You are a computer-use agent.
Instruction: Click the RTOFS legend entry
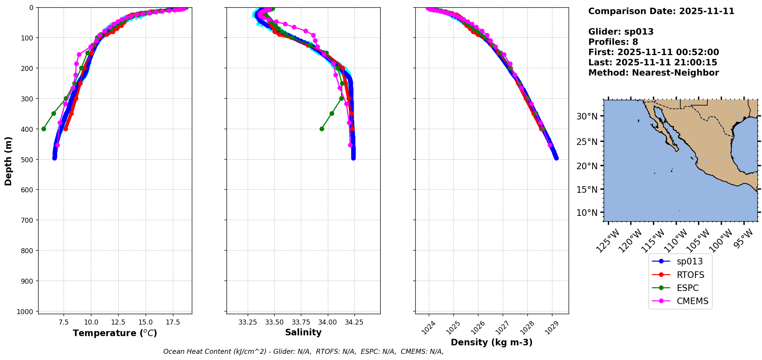tap(690, 275)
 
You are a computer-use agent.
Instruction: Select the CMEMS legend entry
tap(692, 301)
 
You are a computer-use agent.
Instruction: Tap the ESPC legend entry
tap(687, 288)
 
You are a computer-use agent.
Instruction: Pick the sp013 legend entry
tap(690, 261)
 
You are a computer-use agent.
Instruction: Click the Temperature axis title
tap(115, 333)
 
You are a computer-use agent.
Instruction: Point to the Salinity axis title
tap(303, 332)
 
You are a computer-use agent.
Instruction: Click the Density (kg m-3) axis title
tap(492, 342)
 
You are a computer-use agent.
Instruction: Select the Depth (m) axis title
tap(8, 161)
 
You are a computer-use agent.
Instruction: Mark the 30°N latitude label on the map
tap(587, 116)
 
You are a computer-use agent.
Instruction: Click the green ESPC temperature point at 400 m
tap(44, 129)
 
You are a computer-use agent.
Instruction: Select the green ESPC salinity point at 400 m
tap(322, 129)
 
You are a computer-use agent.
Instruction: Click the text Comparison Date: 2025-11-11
tap(661, 11)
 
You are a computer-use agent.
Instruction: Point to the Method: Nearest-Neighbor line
tap(653, 73)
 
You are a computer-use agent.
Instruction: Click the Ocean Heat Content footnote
tap(303, 352)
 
